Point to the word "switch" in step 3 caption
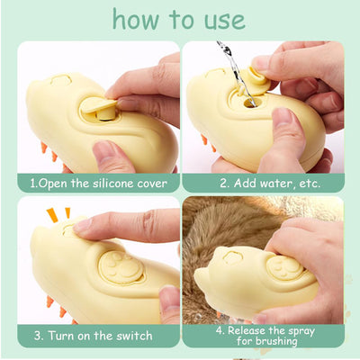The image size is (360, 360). tap(134, 336)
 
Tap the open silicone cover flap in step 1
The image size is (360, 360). tap(99, 105)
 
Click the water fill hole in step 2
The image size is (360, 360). tap(250, 103)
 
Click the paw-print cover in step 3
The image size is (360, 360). tap(121, 267)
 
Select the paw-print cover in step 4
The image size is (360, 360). tap(284, 267)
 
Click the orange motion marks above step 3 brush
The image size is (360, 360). tap(58, 214)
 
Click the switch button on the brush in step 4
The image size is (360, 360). tap(231, 257)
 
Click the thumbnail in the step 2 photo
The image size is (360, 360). tap(281, 116)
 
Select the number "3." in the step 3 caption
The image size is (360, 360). tap(39, 336)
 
